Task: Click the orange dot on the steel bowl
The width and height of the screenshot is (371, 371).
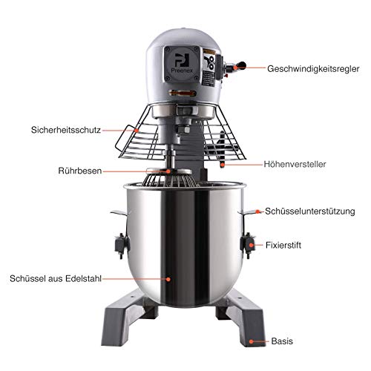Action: pyautogui.click(x=169, y=279)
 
